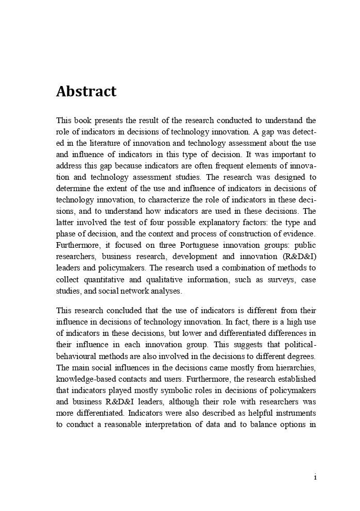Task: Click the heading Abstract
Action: (x=86, y=92)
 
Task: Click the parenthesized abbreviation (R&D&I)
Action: (x=300, y=257)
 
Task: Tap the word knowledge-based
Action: (x=81, y=379)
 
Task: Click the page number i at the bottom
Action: (x=314, y=478)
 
